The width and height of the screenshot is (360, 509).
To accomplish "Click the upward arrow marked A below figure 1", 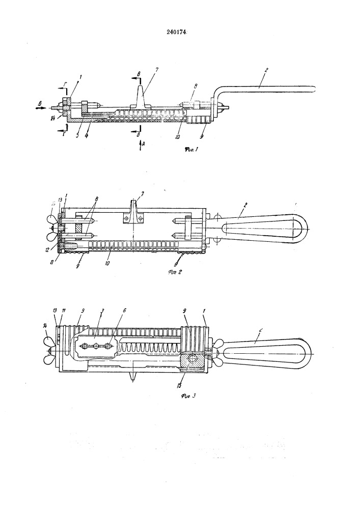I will click(142, 145).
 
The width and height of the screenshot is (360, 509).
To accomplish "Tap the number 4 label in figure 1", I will click(87, 136).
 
